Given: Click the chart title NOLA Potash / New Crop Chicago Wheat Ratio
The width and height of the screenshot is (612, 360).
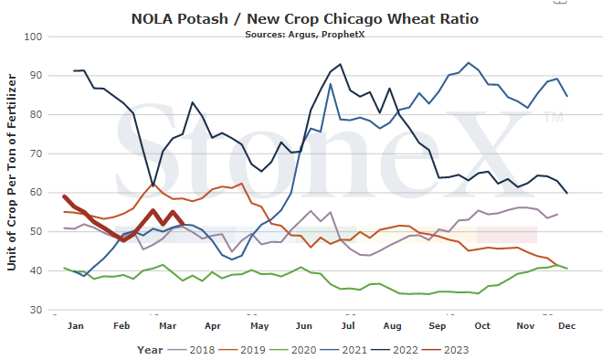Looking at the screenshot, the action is pyautogui.click(x=305, y=19).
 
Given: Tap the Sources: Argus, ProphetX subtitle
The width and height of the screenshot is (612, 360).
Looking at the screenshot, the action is pyautogui.click(x=305, y=35).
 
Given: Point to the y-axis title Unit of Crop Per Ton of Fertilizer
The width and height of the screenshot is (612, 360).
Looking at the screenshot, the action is pyautogui.click(x=12, y=172).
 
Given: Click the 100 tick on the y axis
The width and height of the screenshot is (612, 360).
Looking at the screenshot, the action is pyautogui.click(x=33, y=37).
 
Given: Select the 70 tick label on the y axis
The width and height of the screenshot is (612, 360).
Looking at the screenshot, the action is pyautogui.click(x=36, y=154).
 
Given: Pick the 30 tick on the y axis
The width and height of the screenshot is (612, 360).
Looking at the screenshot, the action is pyautogui.click(x=36, y=310).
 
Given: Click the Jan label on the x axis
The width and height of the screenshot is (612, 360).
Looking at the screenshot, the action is pyautogui.click(x=75, y=325).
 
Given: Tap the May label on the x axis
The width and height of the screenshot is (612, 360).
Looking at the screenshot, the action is pyautogui.click(x=259, y=326).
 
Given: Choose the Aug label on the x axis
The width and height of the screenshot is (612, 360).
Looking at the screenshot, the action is pyautogui.click(x=392, y=326).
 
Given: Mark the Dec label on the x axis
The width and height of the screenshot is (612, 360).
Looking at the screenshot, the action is pyautogui.click(x=566, y=325).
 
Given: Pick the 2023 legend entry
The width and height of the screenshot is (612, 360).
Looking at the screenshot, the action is pyautogui.click(x=446, y=350).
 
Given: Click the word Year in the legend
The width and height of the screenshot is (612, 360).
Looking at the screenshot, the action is pyautogui.click(x=150, y=350).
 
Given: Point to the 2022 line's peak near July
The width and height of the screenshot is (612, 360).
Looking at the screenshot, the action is pyautogui.click(x=341, y=64).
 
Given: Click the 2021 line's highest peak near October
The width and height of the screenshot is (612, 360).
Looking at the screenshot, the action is pyautogui.click(x=469, y=62).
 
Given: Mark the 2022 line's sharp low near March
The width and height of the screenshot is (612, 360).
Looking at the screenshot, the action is pyautogui.click(x=153, y=185).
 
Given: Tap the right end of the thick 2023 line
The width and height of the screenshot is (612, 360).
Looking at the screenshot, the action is pyautogui.click(x=184, y=224).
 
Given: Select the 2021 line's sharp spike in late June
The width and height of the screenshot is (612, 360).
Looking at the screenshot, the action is pyautogui.click(x=330, y=84).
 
